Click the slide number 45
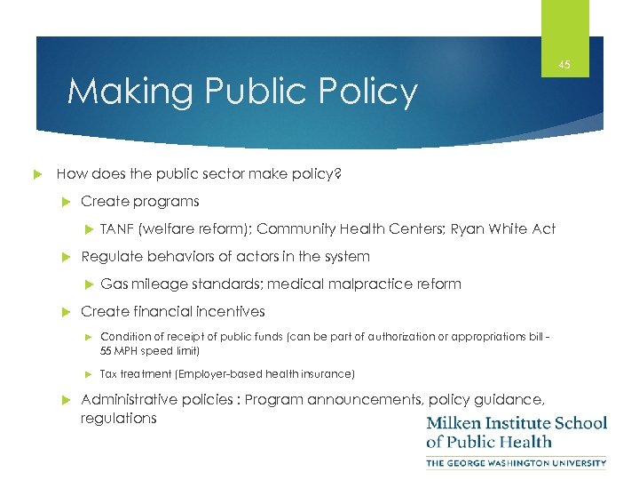[x=564, y=64]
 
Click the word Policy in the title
[x=366, y=92]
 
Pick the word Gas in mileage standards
[x=114, y=284]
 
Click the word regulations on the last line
[x=118, y=418]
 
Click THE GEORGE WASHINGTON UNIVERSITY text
[x=517, y=463]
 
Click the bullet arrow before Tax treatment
[x=88, y=374]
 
